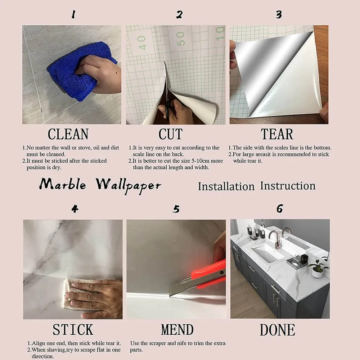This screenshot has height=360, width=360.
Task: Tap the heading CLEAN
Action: coord(68,134)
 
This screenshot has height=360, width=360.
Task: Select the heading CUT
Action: coord(171,134)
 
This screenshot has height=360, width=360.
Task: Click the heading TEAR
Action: coord(277,134)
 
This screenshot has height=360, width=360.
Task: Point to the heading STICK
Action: coord(73,330)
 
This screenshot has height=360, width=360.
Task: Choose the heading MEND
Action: coord(177,330)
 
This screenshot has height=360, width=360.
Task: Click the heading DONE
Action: coord(277,330)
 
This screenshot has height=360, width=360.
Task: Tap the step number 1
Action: coord(73,14)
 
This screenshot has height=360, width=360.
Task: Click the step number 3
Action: coord(279,15)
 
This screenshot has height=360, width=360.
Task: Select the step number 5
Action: coord(176,209)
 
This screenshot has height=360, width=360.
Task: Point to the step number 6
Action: coord(280,208)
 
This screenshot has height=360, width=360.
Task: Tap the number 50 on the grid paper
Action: coord(181,39)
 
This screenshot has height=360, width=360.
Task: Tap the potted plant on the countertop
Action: coord(318,268)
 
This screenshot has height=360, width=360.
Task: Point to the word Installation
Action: coord(226,186)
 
